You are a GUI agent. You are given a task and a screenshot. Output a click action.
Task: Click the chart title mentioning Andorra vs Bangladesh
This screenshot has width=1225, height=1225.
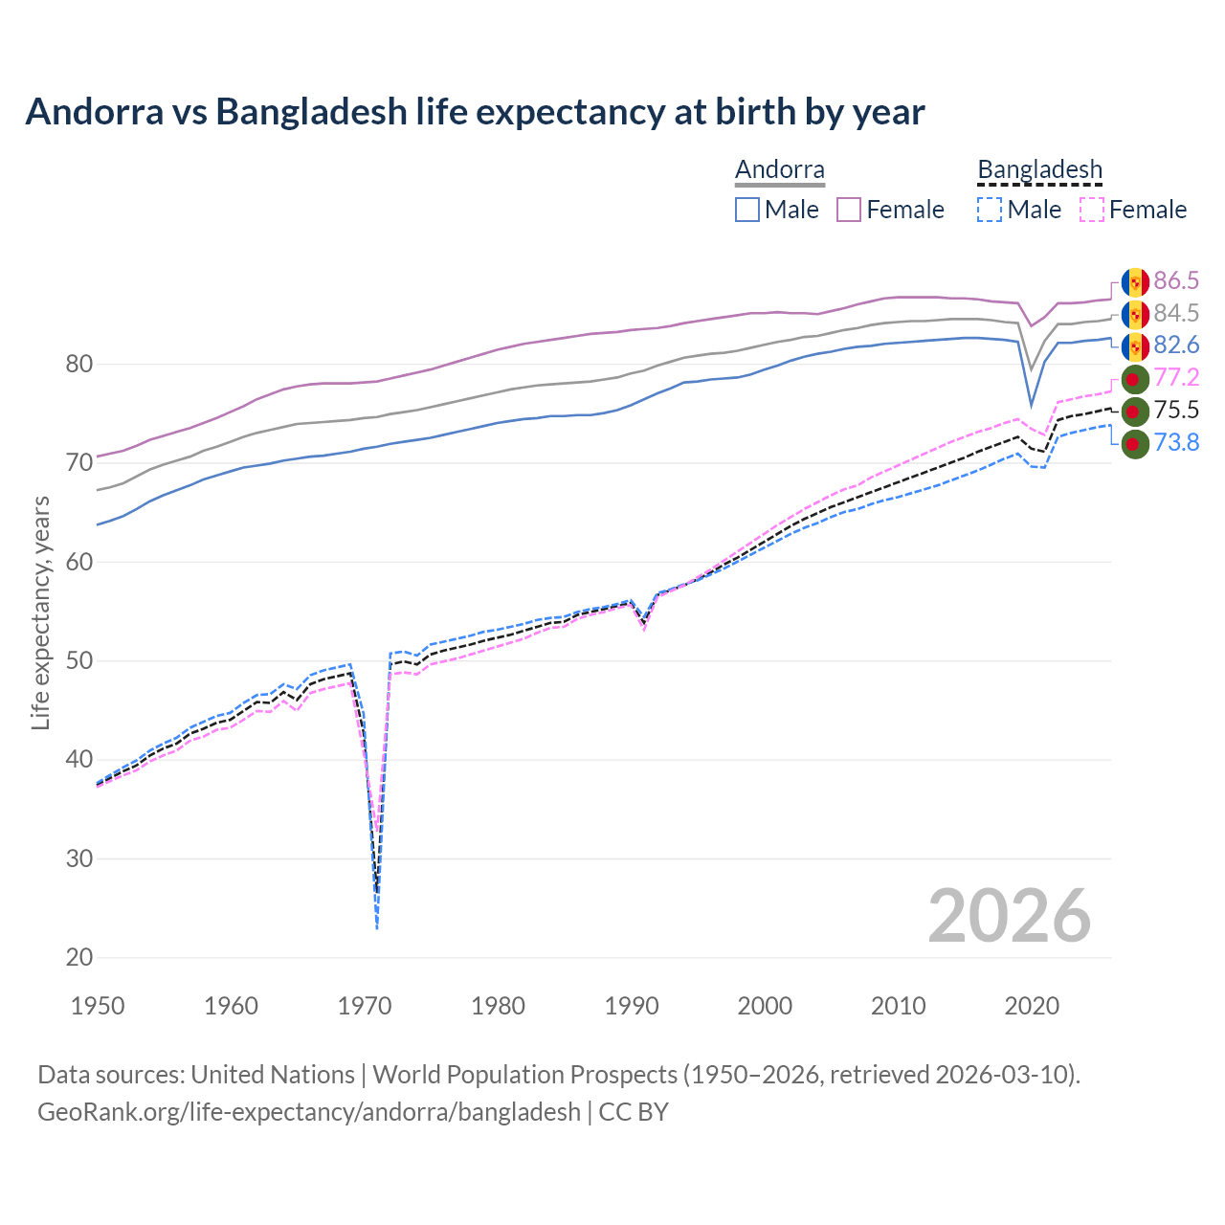pyautogui.click(x=475, y=112)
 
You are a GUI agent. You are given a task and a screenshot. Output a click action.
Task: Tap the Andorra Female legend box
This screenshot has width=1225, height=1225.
pyautogui.click(x=849, y=210)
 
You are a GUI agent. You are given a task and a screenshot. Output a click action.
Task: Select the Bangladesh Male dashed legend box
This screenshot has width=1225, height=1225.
pyautogui.click(x=990, y=210)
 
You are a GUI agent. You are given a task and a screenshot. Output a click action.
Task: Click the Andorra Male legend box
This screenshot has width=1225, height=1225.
pyautogui.click(x=747, y=210)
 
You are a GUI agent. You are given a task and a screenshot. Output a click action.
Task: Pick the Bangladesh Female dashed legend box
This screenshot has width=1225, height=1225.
pyautogui.click(x=1091, y=210)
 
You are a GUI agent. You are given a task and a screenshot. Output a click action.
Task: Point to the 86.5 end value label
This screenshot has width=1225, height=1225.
pyautogui.click(x=1176, y=280)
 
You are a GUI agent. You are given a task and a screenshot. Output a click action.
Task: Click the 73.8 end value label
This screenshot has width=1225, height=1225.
pyautogui.click(x=1176, y=442)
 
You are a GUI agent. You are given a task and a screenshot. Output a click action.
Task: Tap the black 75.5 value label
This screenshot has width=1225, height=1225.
pyautogui.click(x=1176, y=410)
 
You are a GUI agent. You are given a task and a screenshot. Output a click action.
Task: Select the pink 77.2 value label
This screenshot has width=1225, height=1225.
pyautogui.click(x=1176, y=377)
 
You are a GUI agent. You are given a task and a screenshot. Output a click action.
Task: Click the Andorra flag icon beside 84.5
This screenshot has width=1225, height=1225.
pyautogui.click(x=1135, y=314)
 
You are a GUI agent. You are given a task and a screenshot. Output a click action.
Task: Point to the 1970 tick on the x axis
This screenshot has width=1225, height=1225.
pyautogui.click(x=365, y=1006)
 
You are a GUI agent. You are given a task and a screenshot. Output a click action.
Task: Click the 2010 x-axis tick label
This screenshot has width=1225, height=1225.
pyautogui.click(x=898, y=1006)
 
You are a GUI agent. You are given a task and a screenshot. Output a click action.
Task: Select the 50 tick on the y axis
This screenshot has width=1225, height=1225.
pyautogui.click(x=79, y=661)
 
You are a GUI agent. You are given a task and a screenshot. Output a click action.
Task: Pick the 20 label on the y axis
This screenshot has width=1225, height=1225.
pyautogui.click(x=79, y=958)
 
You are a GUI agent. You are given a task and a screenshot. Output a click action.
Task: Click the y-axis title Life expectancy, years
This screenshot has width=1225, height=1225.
pyautogui.click(x=40, y=612)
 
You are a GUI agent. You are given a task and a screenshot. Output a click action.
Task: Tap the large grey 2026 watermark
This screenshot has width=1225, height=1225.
pyautogui.click(x=1010, y=916)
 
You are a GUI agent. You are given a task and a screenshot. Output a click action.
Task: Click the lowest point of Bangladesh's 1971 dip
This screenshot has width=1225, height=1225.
pyautogui.click(x=377, y=928)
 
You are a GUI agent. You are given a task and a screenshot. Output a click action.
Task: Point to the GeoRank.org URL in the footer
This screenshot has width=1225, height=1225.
pyautogui.click(x=309, y=1112)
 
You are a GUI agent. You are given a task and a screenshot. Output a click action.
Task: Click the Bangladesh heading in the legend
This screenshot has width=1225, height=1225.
pyautogui.click(x=1039, y=169)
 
